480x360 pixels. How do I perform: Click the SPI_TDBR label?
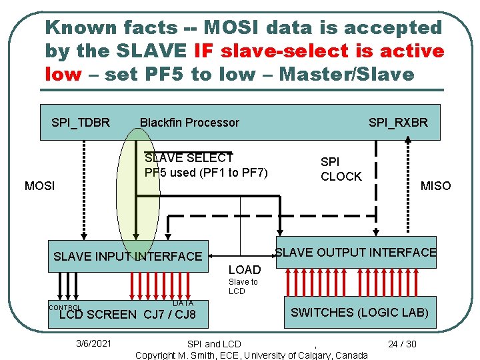point(81,122)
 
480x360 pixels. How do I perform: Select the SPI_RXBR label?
point(398,122)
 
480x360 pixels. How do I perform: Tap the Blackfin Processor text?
point(189,122)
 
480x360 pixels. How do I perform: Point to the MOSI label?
point(39,185)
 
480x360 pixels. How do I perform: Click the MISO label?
point(435,185)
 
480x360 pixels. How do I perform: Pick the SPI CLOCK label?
point(341,169)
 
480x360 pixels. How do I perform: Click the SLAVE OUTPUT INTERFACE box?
point(355,252)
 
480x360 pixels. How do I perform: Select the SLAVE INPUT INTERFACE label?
point(127,256)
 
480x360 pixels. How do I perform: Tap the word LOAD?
point(244,270)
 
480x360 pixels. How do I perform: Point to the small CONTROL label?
point(65,307)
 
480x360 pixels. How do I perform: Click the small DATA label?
point(183,303)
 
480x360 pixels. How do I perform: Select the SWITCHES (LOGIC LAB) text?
point(359,312)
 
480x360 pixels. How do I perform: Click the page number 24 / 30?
point(402,344)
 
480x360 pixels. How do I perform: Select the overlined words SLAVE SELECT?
point(189,158)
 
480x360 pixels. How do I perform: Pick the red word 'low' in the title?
point(63,73)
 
